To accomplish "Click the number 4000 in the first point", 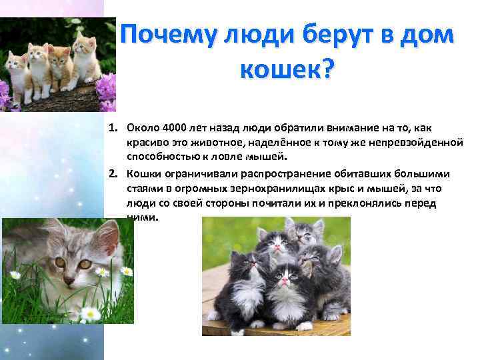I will tap(177, 128).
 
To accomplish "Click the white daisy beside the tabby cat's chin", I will tap(102, 272).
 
